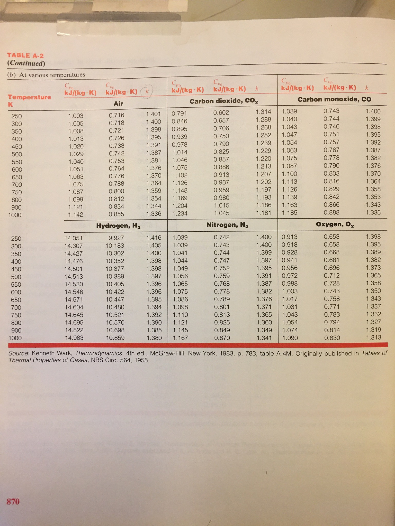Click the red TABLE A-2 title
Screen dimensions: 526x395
point(25,55)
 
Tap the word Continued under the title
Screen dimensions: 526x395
point(26,63)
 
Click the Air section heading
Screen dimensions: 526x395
point(118,104)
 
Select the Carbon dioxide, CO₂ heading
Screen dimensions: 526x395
point(224,101)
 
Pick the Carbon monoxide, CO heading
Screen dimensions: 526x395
point(334,99)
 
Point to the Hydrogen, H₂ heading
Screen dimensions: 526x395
point(118,226)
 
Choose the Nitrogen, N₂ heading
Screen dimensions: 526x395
point(227,225)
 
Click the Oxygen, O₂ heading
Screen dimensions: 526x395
point(335,224)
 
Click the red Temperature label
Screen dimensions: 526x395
point(29,97)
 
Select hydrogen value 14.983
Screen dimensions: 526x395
point(74,338)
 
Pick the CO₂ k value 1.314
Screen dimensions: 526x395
point(263,112)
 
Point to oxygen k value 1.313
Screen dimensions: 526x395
point(373,337)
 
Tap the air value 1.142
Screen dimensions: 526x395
point(76,214)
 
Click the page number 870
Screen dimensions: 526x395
point(13,501)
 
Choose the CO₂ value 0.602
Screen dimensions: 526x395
point(221,112)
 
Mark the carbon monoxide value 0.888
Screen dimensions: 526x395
point(331,212)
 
